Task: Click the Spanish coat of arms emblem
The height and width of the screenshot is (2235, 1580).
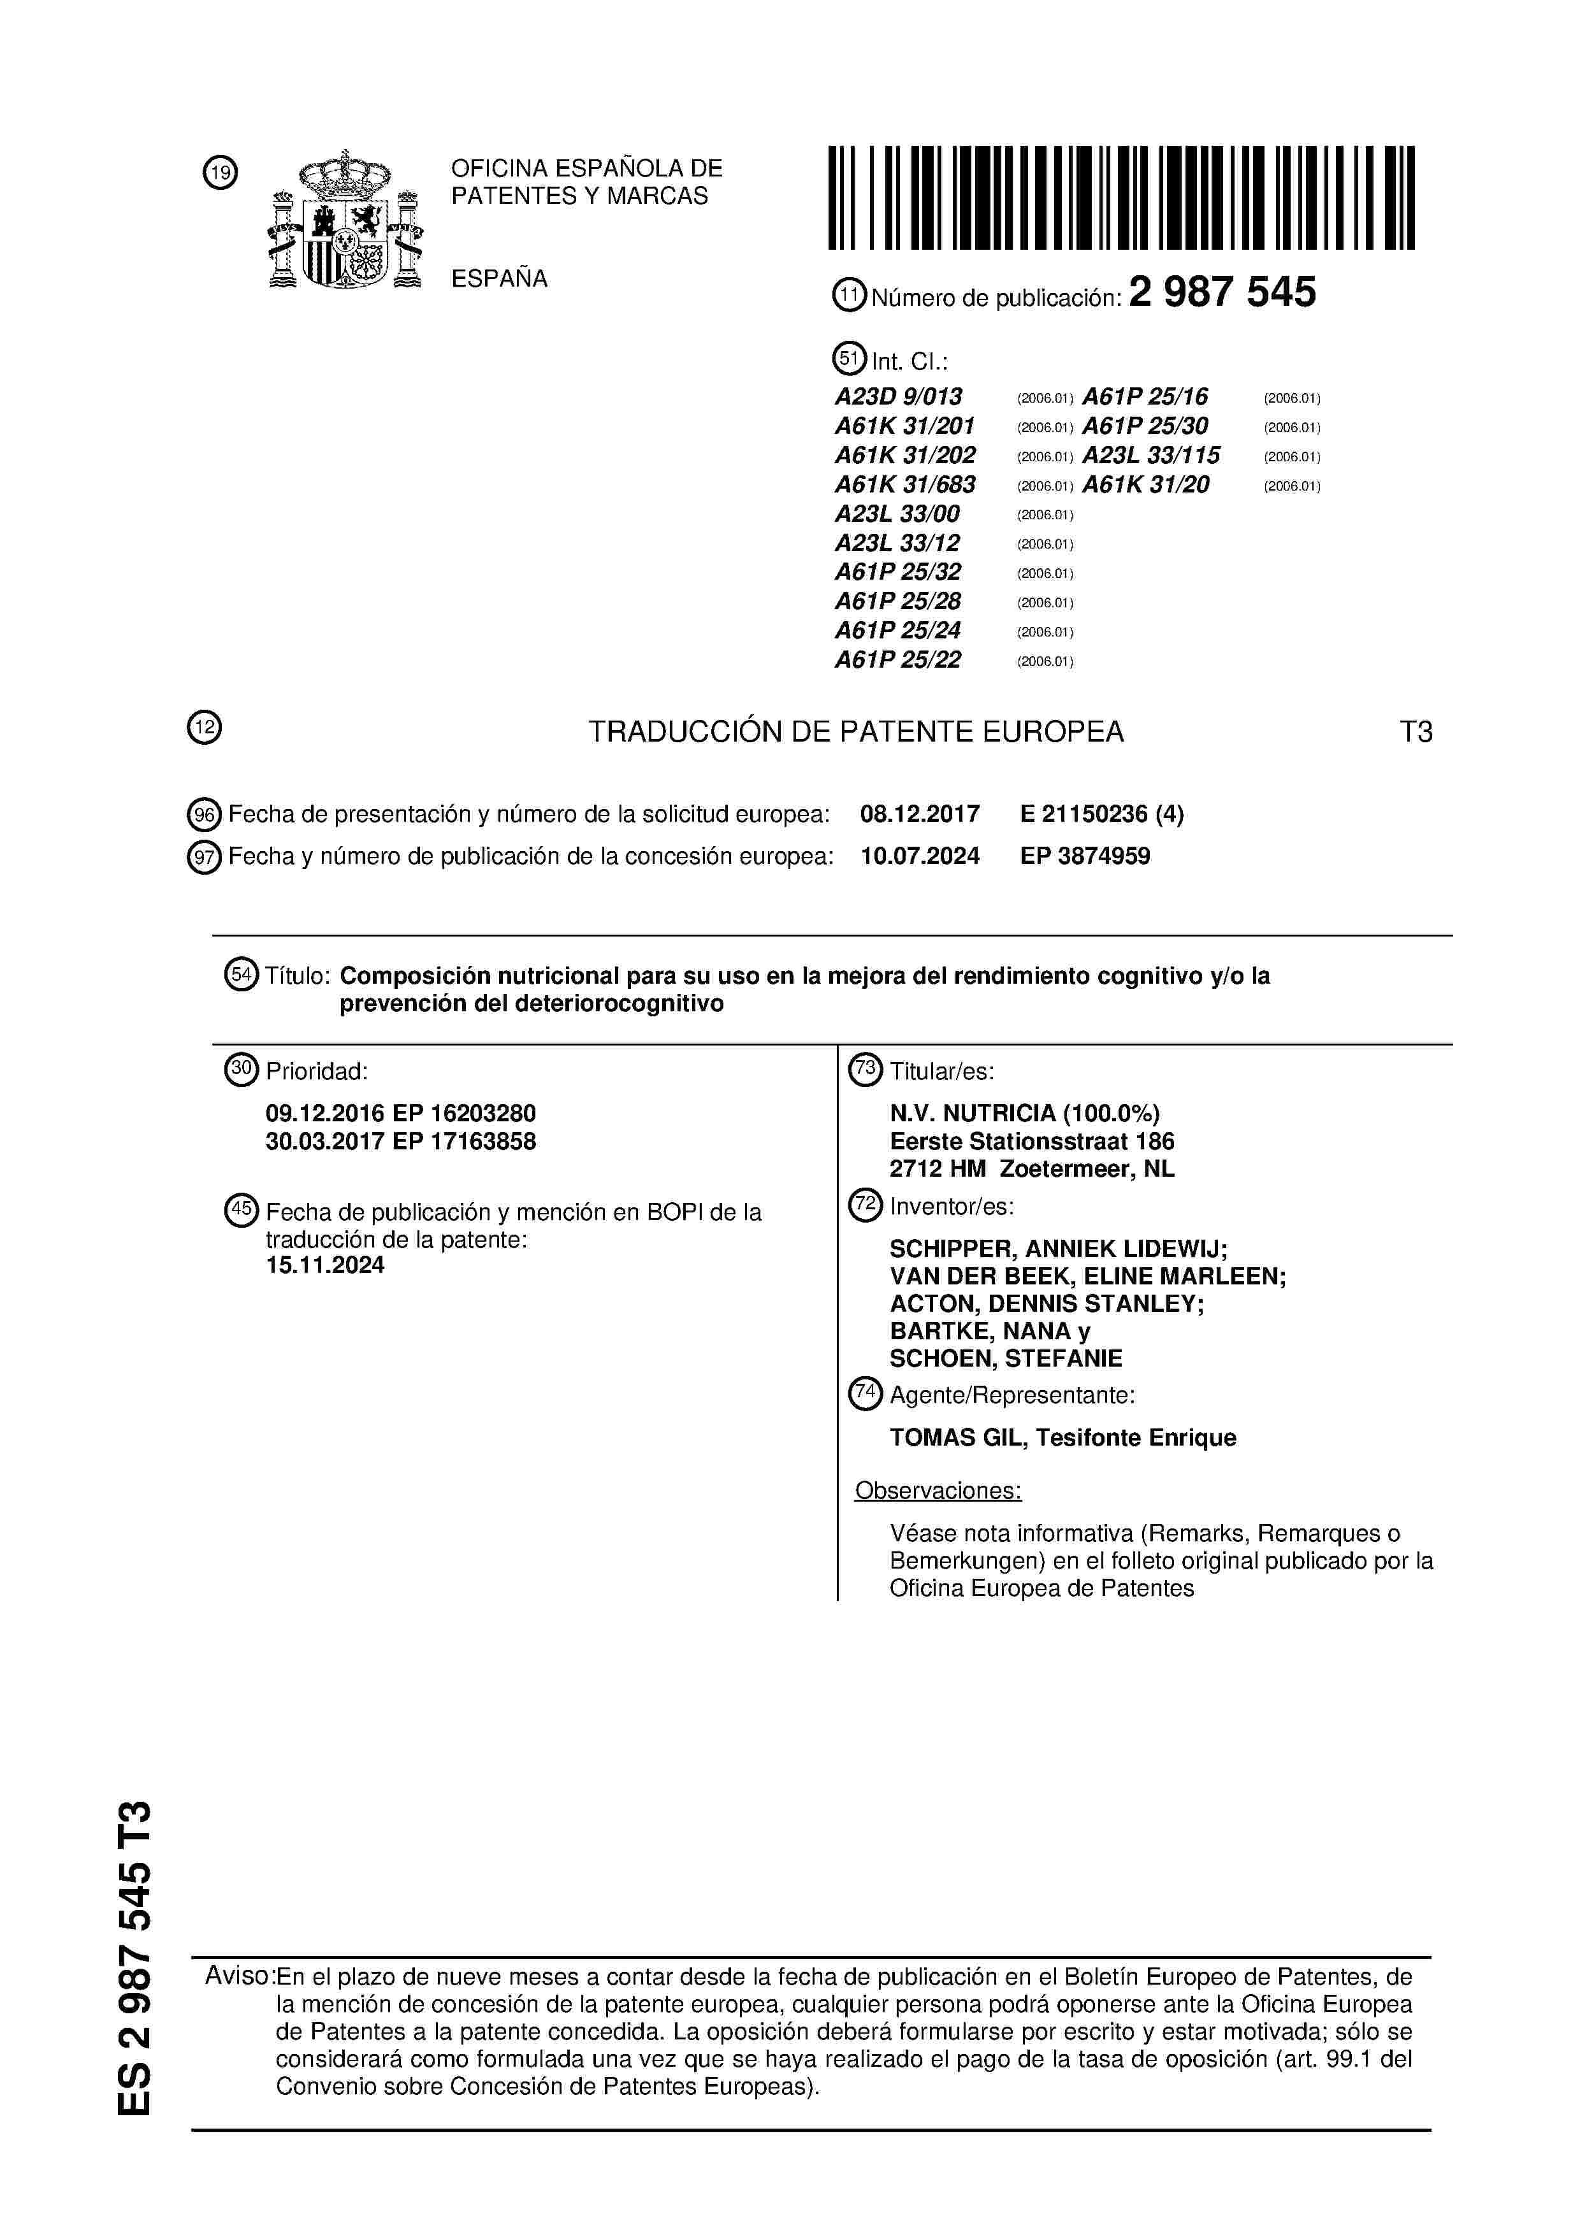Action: pos(345,221)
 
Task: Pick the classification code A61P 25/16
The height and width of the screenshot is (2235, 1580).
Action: pos(1145,397)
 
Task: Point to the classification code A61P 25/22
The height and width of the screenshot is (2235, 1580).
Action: pos(897,660)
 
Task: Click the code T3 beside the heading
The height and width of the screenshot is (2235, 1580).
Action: pos(1416,732)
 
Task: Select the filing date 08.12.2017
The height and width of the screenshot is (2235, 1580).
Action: pos(920,814)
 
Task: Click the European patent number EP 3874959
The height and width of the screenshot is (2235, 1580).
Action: pos(1085,857)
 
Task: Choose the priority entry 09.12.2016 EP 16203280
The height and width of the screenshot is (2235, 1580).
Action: pos(400,1114)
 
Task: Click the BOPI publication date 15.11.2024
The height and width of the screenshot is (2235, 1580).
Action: pos(325,1265)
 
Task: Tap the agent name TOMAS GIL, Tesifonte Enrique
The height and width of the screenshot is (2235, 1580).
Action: pos(1062,1438)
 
